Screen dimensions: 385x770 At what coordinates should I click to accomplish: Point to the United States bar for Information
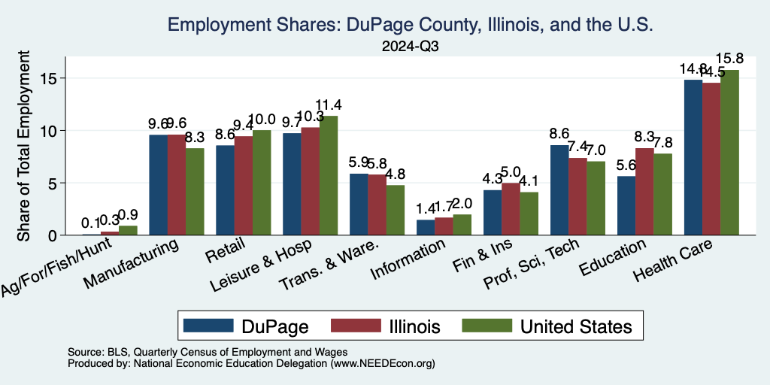(x=462, y=225)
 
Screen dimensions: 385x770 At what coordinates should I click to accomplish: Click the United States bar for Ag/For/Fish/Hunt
(x=128, y=230)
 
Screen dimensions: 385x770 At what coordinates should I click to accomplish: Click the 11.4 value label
(x=329, y=105)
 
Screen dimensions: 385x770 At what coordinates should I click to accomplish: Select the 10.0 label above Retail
(x=262, y=119)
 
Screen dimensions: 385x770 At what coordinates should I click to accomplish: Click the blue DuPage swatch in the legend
(x=208, y=326)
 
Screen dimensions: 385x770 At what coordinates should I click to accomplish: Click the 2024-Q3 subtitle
(x=410, y=46)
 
